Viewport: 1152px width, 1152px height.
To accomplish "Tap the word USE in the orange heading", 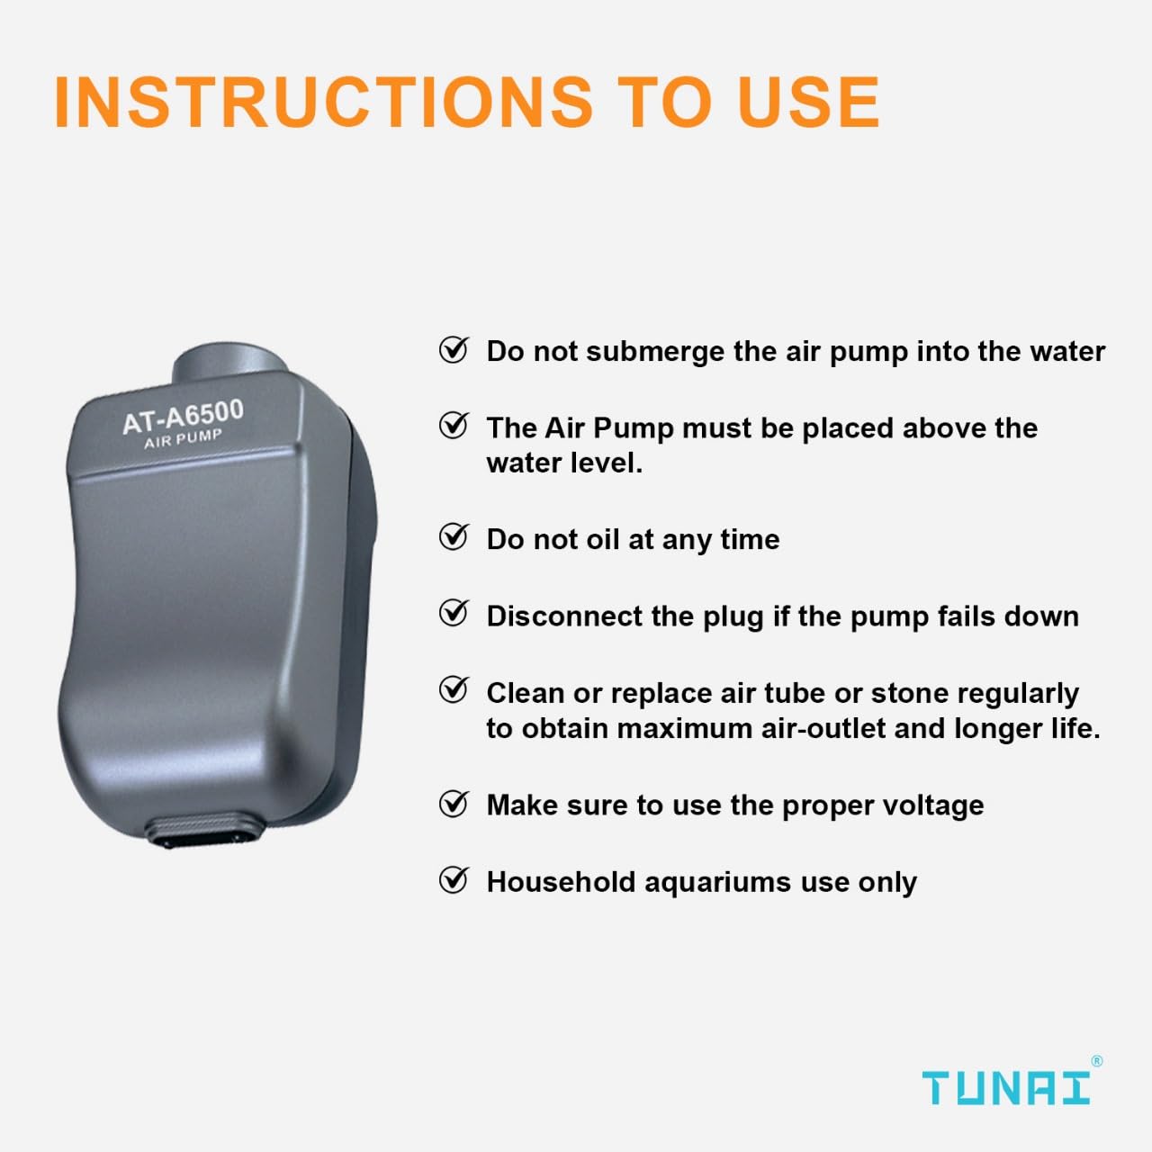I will pos(807,101).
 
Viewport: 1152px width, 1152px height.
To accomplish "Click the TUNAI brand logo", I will pos(1005,1087).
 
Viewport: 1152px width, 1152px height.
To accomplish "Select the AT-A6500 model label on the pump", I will pos(183,416).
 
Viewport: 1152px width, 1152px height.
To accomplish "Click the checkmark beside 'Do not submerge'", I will pos(454,349).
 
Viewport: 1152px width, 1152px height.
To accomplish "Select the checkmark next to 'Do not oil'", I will pos(454,537).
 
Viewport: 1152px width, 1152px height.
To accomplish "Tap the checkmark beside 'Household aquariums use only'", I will pos(454,879).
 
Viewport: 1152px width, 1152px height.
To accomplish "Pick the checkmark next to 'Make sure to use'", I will pos(454,803).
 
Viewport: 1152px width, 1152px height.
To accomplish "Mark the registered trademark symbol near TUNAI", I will pos(1096,1061).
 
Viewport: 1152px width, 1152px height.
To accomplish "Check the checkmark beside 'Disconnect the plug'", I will pos(454,614).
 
